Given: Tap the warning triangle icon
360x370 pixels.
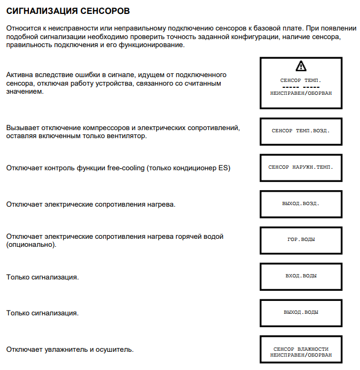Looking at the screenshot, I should point(301,66).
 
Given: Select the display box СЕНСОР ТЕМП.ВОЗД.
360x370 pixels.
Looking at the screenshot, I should point(301,130).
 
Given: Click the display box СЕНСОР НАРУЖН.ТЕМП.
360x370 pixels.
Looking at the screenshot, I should point(301,167).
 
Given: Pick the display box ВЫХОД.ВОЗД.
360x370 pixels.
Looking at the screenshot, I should point(301,203).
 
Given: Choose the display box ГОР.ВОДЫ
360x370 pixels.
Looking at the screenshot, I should point(301,240).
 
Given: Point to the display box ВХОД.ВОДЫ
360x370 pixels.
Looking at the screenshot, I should point(301,276).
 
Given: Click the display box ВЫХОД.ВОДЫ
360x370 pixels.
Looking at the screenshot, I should point(301,312).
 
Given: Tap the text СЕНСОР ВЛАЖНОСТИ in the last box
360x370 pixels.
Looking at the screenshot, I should point(301,349).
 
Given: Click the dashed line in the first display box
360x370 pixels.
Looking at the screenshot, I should point(301,86).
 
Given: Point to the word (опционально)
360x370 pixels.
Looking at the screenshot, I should point(31,245).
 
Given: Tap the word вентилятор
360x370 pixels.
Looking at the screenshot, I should point(127,136).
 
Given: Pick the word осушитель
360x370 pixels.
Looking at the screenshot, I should point(115,350).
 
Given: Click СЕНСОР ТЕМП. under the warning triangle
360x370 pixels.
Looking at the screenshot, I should point(301,80).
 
